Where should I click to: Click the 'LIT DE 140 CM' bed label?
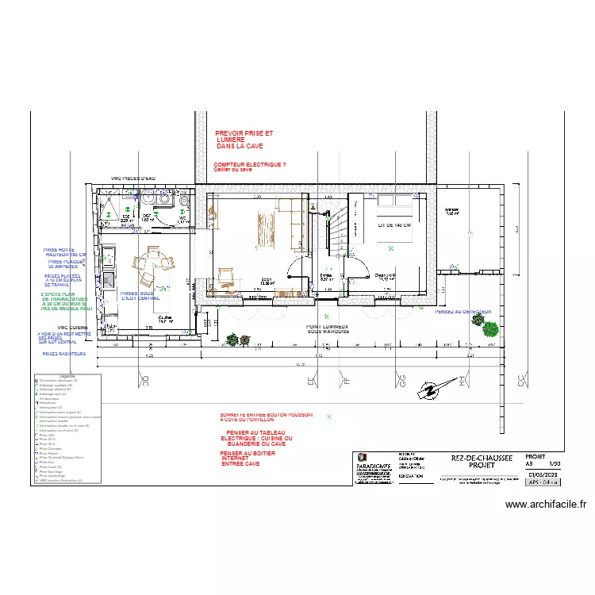(394, 225)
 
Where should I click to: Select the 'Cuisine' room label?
(164, 318)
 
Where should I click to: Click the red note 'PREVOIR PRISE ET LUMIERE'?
(244, 140)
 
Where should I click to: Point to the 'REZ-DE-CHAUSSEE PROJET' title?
(482, 462)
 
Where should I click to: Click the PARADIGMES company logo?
(362, 458)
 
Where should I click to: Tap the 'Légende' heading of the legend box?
(67, 376)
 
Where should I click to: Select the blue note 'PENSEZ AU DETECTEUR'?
(463, 312)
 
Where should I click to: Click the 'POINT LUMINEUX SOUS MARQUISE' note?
(328, 328)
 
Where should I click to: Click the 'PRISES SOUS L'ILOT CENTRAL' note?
(140, 296)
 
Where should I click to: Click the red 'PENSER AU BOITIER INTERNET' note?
(244, 458)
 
